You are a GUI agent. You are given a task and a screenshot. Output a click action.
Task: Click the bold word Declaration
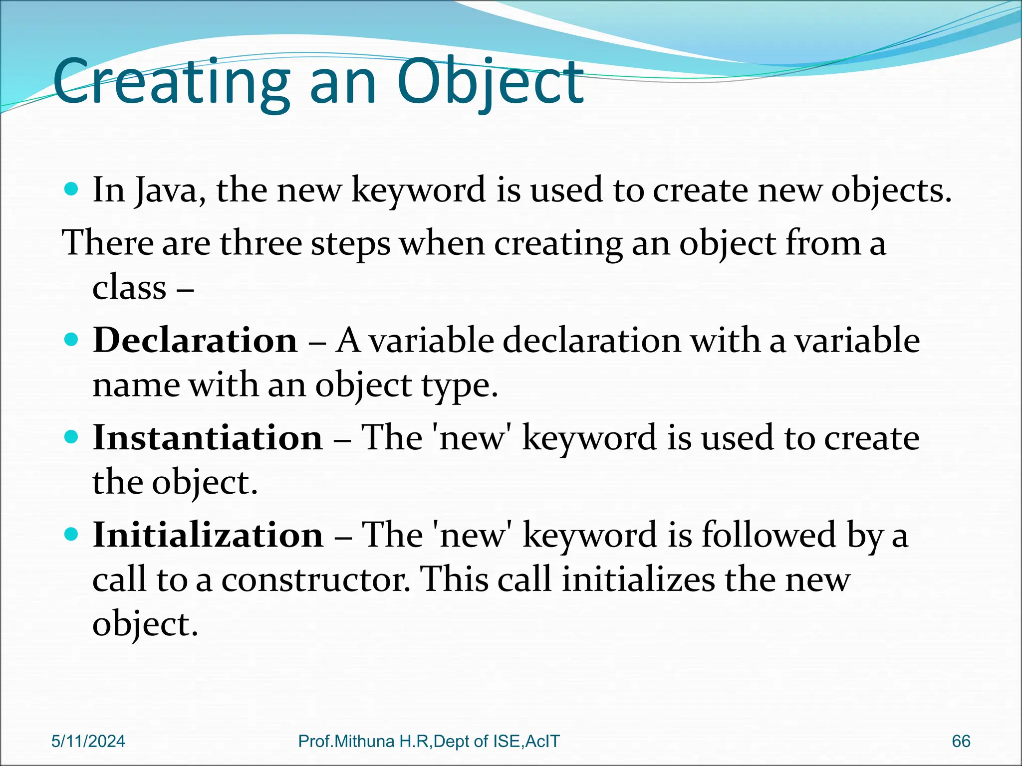195,341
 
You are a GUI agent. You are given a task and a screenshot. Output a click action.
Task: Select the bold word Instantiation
208,438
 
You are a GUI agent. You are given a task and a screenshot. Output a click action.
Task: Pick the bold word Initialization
208,535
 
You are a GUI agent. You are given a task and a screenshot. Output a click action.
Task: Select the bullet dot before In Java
72,189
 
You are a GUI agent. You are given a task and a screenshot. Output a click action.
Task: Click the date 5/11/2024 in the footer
88,741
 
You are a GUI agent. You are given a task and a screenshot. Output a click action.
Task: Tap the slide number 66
961,741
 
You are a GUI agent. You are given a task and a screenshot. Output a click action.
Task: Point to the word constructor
316,580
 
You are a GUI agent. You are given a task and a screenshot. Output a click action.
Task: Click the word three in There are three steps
261,244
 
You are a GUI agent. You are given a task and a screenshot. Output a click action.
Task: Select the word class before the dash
129,288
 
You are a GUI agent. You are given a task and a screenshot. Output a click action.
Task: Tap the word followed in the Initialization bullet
768,535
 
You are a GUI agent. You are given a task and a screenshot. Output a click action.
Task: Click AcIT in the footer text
542,741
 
